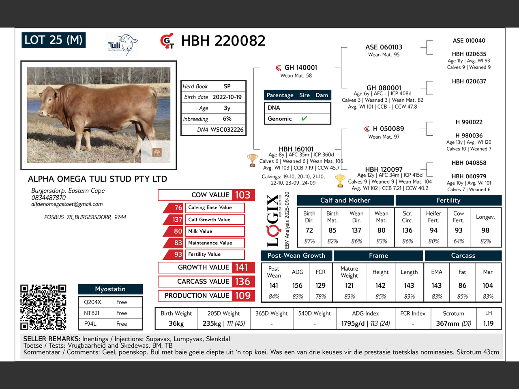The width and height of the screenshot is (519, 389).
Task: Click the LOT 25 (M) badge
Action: pyautogui.click(x=53, y=40)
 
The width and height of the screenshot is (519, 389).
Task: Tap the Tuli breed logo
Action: pyautogui.click(x=122, y=45)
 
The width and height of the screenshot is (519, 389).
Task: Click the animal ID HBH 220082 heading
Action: pyautogui.click(x=223, y=41)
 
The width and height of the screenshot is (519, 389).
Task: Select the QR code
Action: pyautogui.click(x=43, y=307)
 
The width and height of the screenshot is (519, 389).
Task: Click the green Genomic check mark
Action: pyautogui.click(x=305, y=118)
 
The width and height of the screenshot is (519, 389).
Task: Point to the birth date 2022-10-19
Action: pyautogui.click(x=227, y=97)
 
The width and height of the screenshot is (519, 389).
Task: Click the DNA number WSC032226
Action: pyautogui.click(x=227, y=130)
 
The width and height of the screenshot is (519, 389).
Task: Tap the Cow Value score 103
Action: pyautogui.click(x=242, y=195)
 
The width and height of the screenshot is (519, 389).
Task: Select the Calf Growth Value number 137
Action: pyautogui.click(x=177, y=220)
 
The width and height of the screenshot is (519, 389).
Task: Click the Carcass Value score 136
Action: pyautogui.click(x=242, y=282)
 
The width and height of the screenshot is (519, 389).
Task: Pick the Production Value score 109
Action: pyautogui.click(x=242, y=296)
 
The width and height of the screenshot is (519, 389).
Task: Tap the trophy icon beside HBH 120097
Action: pyautogui.click(x=340, y=180)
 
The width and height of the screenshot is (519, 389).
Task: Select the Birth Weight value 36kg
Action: pyautogui.click(x=176, y=324)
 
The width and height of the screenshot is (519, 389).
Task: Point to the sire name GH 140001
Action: pyautogui.click(x=300, y=68)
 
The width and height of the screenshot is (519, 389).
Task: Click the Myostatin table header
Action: pyautogui.click(x=110, y=289)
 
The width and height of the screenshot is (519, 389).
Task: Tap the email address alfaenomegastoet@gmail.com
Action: pyautogui.click(x=67, y=204)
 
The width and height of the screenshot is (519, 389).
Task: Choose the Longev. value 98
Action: pyautogui.click(x=485, y=230)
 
